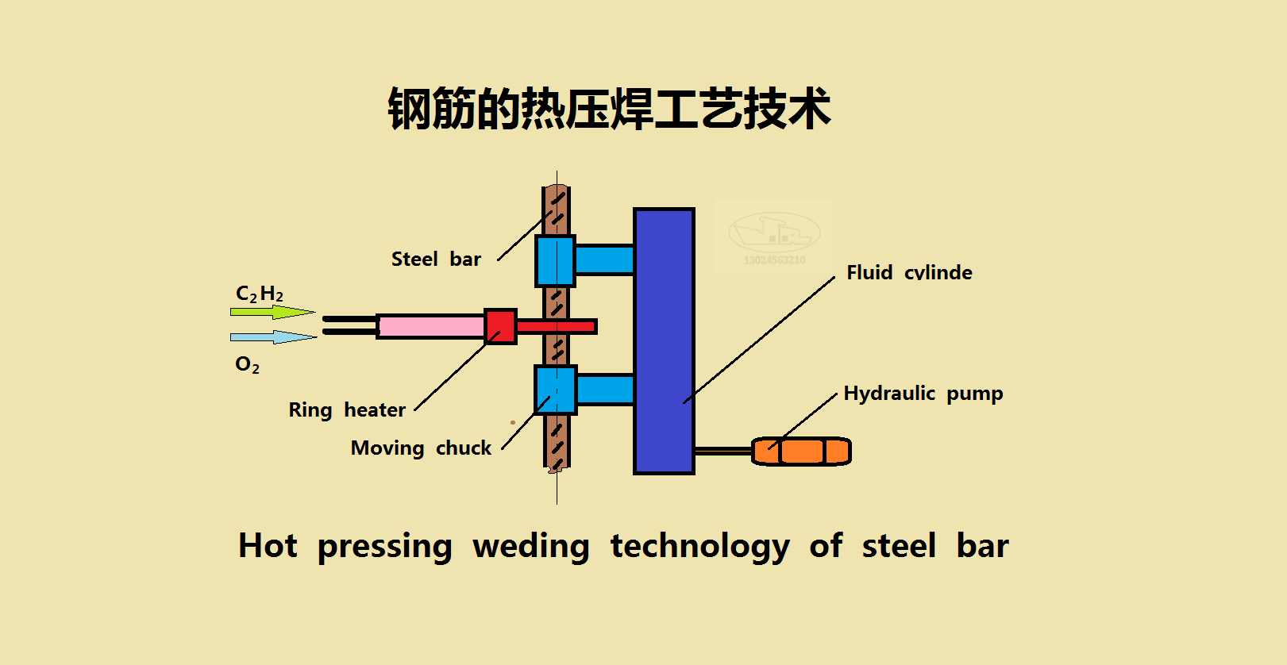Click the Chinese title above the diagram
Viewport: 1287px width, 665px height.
[x=609, y=109]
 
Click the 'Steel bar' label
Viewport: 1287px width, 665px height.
[x=436, y=259]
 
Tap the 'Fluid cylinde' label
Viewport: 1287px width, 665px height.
[x=909, y=272]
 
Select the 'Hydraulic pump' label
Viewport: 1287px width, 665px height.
[x=923, y=394]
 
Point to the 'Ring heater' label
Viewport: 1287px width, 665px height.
[x=347, y=410]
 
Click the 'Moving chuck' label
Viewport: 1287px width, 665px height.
[x=421, y=448]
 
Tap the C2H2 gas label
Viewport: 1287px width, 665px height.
[x=260, y=294]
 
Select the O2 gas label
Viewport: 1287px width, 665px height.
[x=247, y=364]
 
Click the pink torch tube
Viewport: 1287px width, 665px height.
[x=431, y=326]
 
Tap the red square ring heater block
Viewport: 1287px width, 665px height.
[x=500, y=326]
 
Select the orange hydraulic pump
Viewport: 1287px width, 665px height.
[x=801, y=452]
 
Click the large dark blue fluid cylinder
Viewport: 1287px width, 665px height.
[x=664, y=341]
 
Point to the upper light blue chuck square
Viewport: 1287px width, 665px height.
[x=555, y=260]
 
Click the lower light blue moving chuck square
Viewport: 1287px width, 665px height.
[x=555, y=390]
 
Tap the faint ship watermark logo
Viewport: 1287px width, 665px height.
[x=773, y=235]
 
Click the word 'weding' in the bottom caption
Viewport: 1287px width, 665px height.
[x=530, y=547]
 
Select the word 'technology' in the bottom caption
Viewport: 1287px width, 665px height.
[x=699, y=547]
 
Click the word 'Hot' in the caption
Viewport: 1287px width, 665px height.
[x=268, y=546]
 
